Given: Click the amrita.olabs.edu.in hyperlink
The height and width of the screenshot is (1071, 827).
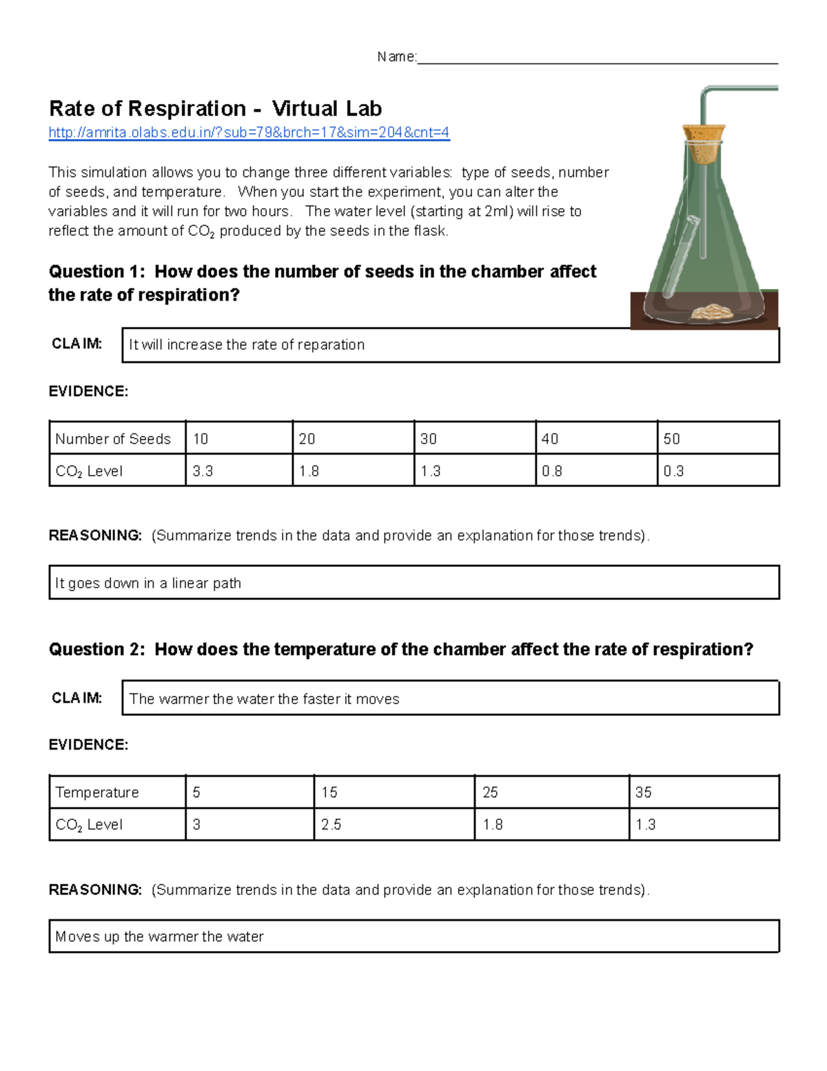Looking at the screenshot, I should point(249,132).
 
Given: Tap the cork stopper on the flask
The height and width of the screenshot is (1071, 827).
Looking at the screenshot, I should point(703,143).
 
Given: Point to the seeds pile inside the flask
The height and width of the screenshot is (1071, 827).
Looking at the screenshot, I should point(713,312).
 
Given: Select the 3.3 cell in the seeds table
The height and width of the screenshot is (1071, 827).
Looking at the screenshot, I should point(203,471).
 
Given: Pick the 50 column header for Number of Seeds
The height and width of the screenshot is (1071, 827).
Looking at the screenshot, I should point(672,439).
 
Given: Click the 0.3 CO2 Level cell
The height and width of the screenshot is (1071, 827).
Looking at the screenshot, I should point(674,471).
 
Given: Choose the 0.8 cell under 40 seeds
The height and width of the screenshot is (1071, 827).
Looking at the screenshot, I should point(552,471).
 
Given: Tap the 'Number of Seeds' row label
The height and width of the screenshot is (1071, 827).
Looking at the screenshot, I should point(113,439).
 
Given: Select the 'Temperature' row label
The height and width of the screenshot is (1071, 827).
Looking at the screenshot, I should point(97,792).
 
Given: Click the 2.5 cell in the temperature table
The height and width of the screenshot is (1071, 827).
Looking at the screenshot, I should point(331,825).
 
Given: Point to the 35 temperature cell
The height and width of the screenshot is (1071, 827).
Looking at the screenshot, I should point(644,792).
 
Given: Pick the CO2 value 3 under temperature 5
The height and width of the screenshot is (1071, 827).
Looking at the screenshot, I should point(197,825).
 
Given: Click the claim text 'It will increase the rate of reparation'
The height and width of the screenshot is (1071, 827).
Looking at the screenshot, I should point(247,345).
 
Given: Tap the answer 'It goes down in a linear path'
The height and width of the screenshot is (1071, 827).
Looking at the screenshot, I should point(148,583).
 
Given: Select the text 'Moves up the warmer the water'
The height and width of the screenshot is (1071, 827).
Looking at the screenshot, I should point(159,937).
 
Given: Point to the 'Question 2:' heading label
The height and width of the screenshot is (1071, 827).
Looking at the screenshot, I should point(96,650).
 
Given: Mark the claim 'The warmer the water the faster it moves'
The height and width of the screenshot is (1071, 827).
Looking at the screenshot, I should point(264,699).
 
